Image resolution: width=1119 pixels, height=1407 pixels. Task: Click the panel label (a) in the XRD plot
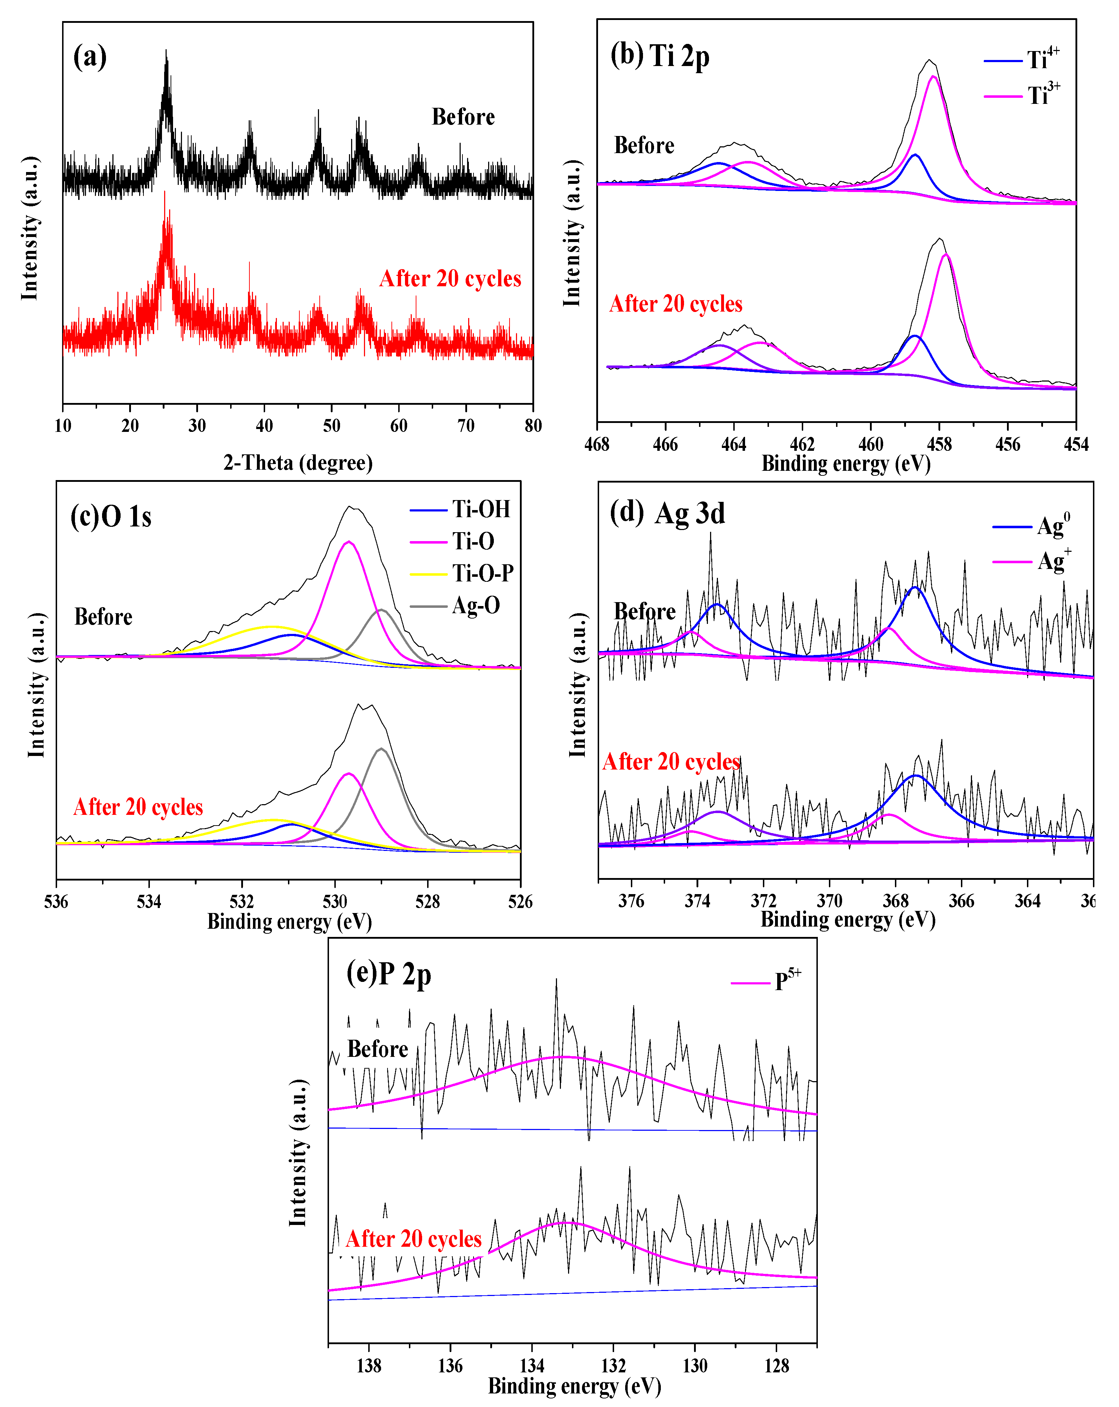90,57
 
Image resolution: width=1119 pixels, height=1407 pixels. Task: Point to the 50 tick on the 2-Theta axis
331,425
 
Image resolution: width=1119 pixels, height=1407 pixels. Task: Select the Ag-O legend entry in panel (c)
455,606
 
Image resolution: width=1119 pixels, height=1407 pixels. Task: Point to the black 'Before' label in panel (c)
103,617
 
